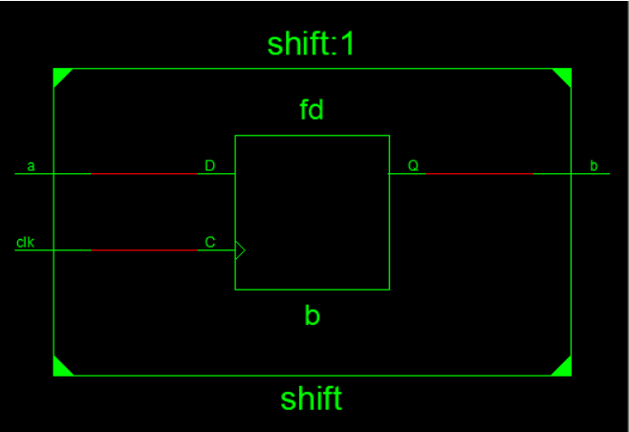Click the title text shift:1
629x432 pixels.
pyautogui.click(x=312, y=44)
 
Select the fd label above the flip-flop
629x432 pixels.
pyautogui.click(x=312, y=110)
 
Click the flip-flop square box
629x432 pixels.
pyautogui.click(x=312, y=212)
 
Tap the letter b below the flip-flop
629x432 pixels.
pyautogui.click(x=312, y=315)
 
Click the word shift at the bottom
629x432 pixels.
pyautogui.click(x=312, y=398)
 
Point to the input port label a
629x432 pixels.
pyautogui.click(x=32, y=166)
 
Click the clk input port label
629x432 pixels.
pyautogui.click(x=25, y=243)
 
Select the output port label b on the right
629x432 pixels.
pyautogui.click(x=594, y=166)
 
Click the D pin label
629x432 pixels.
pyautogui.click(x=209, y=166)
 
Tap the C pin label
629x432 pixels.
pyautogui.click(x=210, y=243)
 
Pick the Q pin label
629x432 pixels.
pyautogui.click(x=413, y=166)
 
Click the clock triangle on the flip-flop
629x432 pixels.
pyautogui.click(x=240, y=250)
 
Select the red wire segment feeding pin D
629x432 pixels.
pyautogui.click(x=143, y=174)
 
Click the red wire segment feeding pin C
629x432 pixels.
pyautogui.click(x=143, y=250)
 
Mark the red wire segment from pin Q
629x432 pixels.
pyautogui.click(x=478, y=174)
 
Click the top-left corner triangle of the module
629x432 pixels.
pyautogui.click(x=60, y=76)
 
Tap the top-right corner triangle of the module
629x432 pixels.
pyautogui.click(x=564, y=76)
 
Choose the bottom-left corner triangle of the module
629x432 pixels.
pyautogui.click(x=60, y=368)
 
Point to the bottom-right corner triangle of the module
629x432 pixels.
pyautogui.click(x=564, y=368)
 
